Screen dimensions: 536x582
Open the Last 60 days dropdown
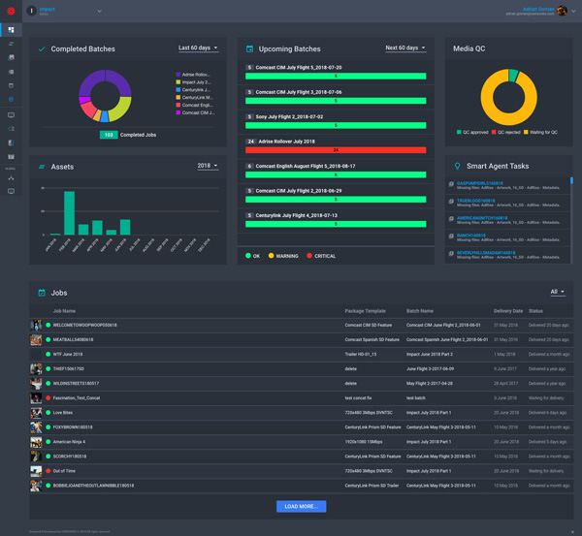(x=198, y=47)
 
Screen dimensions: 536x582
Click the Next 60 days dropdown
(x=404, y=47)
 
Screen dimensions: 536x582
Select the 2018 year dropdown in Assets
(x=207, y=166)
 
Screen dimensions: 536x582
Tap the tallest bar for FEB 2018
(x=69, y=212)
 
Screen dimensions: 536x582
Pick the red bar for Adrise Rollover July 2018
(x=336, y=150)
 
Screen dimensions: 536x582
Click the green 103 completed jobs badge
(x=109, y=135)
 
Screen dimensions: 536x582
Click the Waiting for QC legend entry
(x=541, y=132)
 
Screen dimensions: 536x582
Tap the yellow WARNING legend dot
(x=272, y=256)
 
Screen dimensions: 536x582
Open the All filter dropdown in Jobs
(x=557, y=292)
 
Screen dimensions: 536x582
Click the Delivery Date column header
(x=507, y=311)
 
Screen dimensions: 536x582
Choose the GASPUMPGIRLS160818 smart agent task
(x=480, y=182)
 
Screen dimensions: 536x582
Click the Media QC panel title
(x=469, y=48)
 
